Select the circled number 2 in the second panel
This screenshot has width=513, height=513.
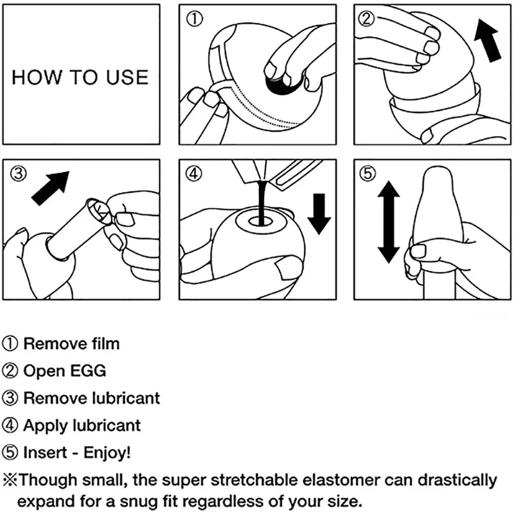point(367,19)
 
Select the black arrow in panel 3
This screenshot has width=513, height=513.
point(50,188)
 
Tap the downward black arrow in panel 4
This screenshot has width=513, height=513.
point(319,212)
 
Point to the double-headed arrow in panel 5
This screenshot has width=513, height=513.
point(388,223)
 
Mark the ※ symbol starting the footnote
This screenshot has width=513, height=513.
point(11,481)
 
